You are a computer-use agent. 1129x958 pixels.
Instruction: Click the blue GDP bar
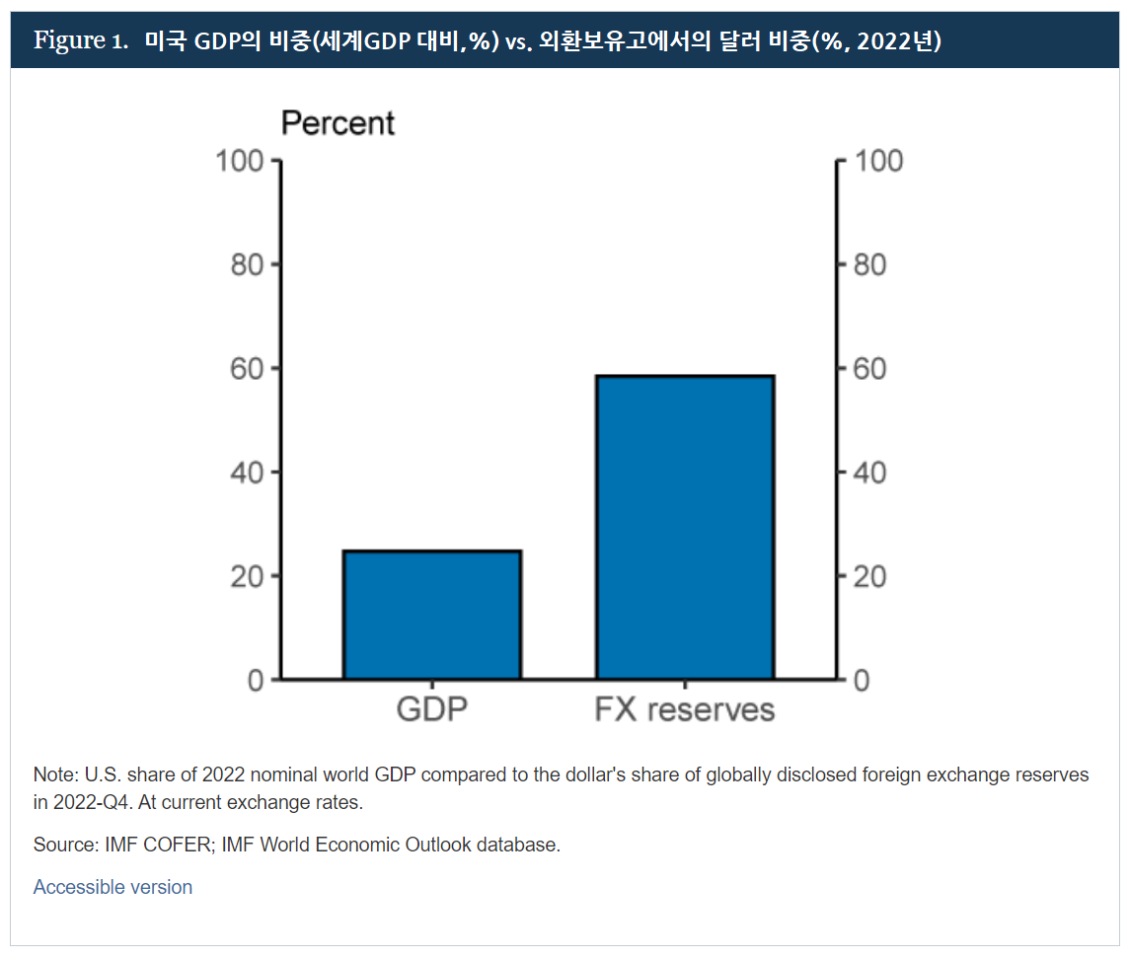point(431,615)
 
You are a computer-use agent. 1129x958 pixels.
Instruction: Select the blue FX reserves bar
point(685,528)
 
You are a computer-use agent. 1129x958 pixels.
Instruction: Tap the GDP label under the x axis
point(431,710)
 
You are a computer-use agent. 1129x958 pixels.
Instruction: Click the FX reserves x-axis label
point(685,710)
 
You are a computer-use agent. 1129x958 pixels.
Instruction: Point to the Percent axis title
point(338,123)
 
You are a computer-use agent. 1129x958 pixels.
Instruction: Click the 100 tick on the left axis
point(241,161)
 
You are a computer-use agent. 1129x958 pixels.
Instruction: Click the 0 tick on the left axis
point(257,680)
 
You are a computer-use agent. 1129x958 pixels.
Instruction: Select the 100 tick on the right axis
point(877,161)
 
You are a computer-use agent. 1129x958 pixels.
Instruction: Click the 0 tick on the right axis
point(862,680)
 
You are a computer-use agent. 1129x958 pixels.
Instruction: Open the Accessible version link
point(113,887)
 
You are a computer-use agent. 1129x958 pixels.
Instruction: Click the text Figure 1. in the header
point(81,41)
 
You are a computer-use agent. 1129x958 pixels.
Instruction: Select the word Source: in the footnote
point(65,846)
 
